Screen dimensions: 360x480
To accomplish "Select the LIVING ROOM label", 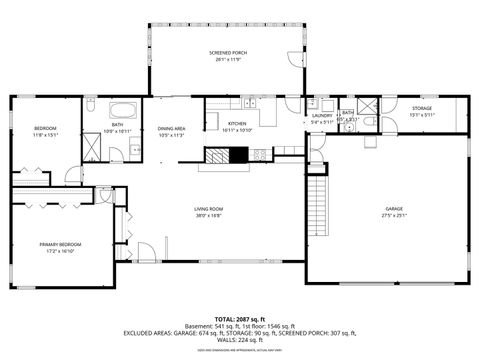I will click(208, 209).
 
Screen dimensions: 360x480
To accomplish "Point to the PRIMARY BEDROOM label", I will click(61, 245).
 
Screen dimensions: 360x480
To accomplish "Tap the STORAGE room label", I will click(421, 108).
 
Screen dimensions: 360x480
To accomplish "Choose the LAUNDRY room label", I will click(322, 116).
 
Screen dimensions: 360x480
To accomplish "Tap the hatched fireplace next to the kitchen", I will click(228, 155).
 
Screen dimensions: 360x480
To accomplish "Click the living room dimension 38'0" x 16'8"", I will click(208, 216).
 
